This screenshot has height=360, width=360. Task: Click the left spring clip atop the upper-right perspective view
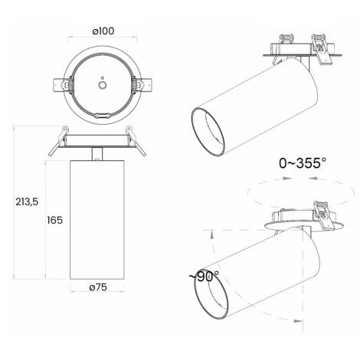pos(287,38)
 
